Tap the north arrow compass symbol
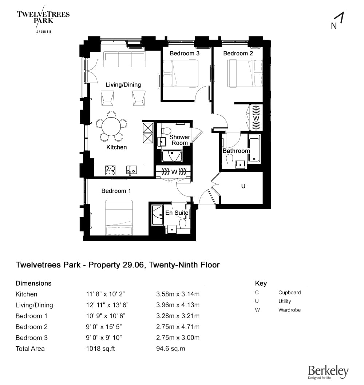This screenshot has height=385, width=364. (337, 21)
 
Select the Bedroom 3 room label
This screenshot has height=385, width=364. (185, 53)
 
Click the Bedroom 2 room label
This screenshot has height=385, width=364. (238, 53)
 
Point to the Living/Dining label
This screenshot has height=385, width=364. (123, 85)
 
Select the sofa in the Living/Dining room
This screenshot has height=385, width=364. (124, 60)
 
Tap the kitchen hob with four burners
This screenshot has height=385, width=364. (110, 170)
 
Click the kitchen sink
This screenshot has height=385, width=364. (131, 170)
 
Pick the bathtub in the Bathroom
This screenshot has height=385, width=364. (254, 149)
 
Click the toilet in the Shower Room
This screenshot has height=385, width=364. (166, 130)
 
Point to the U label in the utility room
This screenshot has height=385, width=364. (244, 186)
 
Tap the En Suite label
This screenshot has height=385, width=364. (177, 213)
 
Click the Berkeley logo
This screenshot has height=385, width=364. (328, 372)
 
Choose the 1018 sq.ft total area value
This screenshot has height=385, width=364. (100, 349)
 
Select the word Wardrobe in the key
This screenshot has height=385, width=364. (289, 310)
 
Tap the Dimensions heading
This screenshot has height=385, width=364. (33, 283)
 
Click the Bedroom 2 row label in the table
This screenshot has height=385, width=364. (32, 327)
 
